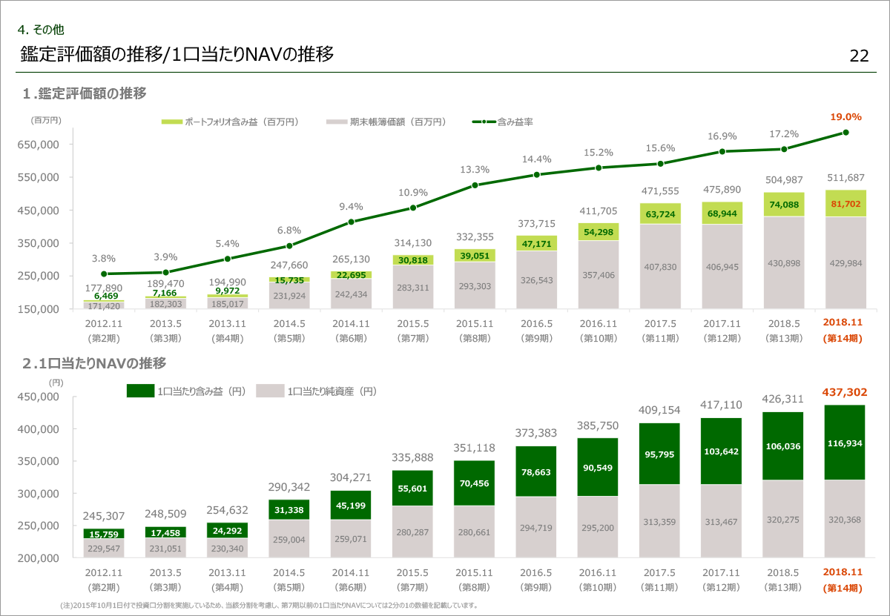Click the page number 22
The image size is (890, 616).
click(x=859, y=56)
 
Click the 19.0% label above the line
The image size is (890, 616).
click(x=845, y=116)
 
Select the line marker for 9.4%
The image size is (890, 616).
click(x=351, y=222)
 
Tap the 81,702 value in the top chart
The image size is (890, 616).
click(x=845, y=204)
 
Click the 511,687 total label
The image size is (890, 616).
click(x=845, y=177)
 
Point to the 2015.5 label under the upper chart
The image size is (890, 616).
click(x=412, y=323)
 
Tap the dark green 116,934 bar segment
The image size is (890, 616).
click(x=845, y=443)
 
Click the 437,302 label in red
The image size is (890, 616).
click(x=845, y=392)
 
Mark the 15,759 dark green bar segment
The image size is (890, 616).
click(x=104, y=534)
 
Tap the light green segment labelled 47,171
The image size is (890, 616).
click(x=536, y=243)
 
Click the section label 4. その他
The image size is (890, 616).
click(x=42, y=30)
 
